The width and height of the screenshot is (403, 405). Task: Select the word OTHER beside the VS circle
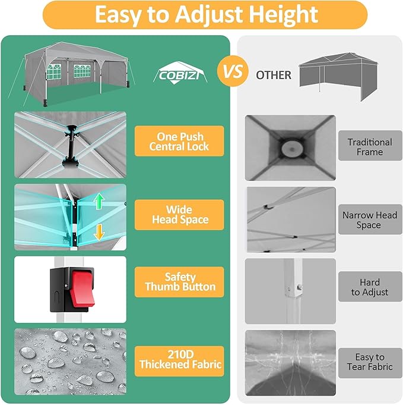coord(274,75)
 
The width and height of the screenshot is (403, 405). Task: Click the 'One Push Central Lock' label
coord(179,141)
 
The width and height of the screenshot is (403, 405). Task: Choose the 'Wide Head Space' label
coord(179,215)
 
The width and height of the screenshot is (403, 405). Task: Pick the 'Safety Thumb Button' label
coord(179,282)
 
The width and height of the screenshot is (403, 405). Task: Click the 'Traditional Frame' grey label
coord(370,147)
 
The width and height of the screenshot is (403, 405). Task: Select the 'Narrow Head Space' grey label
coord(370,220)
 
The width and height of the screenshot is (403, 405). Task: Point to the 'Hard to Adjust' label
coord(370,287)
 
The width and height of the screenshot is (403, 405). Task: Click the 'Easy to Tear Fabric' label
coord(370,362)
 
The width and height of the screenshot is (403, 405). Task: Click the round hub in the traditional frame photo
coord(290,147)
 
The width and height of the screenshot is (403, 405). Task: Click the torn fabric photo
coord(290,363)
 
